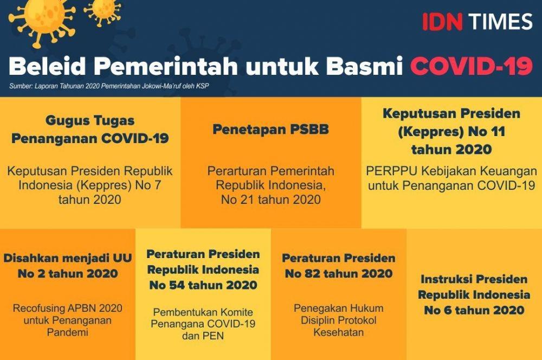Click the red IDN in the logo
[x=442, y=22]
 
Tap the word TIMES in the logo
[x=500, y=22]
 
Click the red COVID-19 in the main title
[x=472, y=66]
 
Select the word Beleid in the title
[x=47, y=66]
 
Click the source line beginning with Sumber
[x=109, y=86]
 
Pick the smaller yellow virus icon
[x=102, y=11]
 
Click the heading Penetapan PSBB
[x=270, y=130]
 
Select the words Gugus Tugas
[x=90, y=121]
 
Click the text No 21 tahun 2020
[x=270, y=200]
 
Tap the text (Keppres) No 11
[x=451, y=132]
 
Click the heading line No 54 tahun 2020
[x=203, y=285]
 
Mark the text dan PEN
[x=203, y=336]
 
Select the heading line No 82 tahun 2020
[x=339, y=274]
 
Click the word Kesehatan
[x=338, y=332]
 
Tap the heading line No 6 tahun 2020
[x=474, y=310]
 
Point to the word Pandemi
[x=67, y=332]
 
